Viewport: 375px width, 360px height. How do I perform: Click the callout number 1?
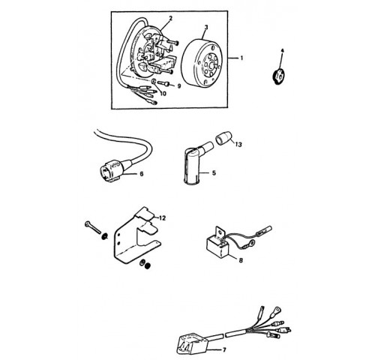241,58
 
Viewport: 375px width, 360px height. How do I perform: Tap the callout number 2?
171,18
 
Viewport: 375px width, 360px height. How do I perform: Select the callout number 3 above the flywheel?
206,27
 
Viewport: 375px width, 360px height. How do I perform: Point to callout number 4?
283,51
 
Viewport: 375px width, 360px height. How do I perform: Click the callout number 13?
238,145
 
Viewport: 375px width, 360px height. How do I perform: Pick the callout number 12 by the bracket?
162,218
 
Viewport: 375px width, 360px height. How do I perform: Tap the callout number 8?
241,260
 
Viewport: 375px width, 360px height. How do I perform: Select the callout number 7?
224,349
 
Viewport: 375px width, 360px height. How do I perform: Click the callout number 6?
142,173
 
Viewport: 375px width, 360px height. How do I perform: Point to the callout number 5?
214,173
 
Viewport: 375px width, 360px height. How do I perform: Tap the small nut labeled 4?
278,76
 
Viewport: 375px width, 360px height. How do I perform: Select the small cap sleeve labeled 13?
224,139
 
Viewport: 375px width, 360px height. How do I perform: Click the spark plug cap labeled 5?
196,163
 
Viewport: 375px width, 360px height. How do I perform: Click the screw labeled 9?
163,83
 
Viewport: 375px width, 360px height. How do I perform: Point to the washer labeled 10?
154,82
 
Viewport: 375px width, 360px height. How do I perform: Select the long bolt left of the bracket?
93,227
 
